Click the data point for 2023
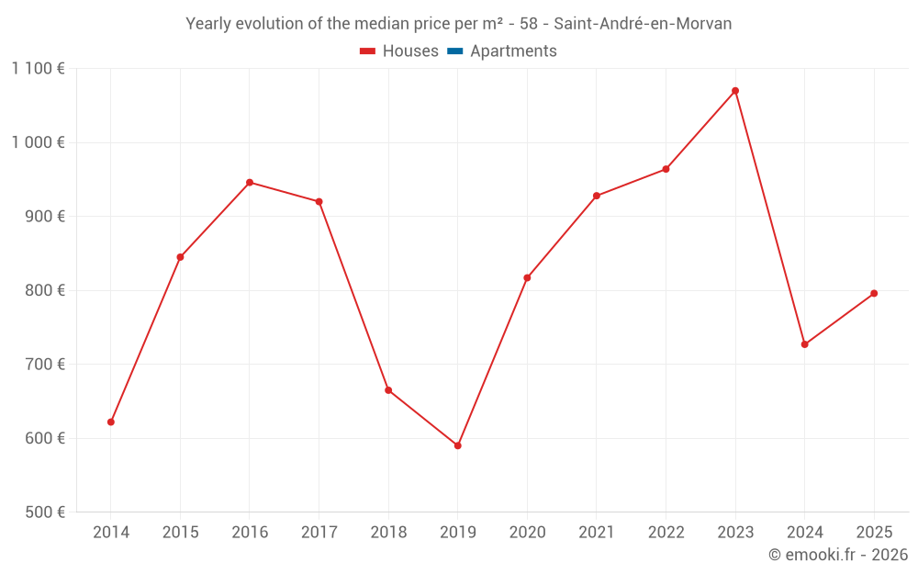tap(735, 91)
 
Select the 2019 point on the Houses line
tap(457, 445)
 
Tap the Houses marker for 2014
tap(111, 422)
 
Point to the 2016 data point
tap(250, 182)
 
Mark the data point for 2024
tap(804, 344)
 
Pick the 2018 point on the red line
tap(388, 390)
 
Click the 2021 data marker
tap(597, 196)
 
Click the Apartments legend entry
tap(513, 51)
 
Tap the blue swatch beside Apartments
tap(455, 51)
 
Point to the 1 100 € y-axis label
tap(38, 68)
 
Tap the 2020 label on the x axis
tap(527, 533)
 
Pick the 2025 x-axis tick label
tap(874, 533)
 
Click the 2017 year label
tap(319, 533)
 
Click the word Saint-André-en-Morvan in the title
tap(643, 24)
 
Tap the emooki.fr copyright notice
tap(838, 555)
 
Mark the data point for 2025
tap(874, 293)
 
